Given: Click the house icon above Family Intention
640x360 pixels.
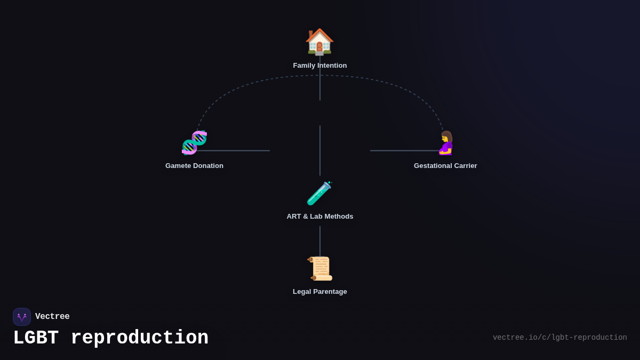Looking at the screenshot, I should pos(319,42).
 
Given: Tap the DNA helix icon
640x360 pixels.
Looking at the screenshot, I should pos(194,142).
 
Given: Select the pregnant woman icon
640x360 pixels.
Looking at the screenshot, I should pos(446,143).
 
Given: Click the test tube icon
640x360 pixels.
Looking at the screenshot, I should pos(319,193).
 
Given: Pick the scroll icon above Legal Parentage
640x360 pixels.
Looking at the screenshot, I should pos(320,268).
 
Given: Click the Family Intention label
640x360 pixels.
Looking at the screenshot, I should pos(320,66).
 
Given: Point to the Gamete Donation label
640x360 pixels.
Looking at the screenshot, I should pos(194,166).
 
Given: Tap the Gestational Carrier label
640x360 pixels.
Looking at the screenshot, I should pos(445,166).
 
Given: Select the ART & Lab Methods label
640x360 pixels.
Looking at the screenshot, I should pos(320,217).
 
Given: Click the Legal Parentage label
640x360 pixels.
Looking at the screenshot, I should pos(320,292).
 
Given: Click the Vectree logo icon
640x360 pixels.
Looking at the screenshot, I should pos(22,317).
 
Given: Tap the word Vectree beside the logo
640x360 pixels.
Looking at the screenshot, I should pos(52,317).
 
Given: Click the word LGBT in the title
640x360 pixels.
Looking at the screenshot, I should pos(36,338).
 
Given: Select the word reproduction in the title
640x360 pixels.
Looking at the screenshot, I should pos(139,338).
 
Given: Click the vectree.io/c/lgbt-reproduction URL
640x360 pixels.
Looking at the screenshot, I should pos(559,338).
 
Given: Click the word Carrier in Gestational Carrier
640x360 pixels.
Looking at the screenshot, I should pos(463,166).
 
